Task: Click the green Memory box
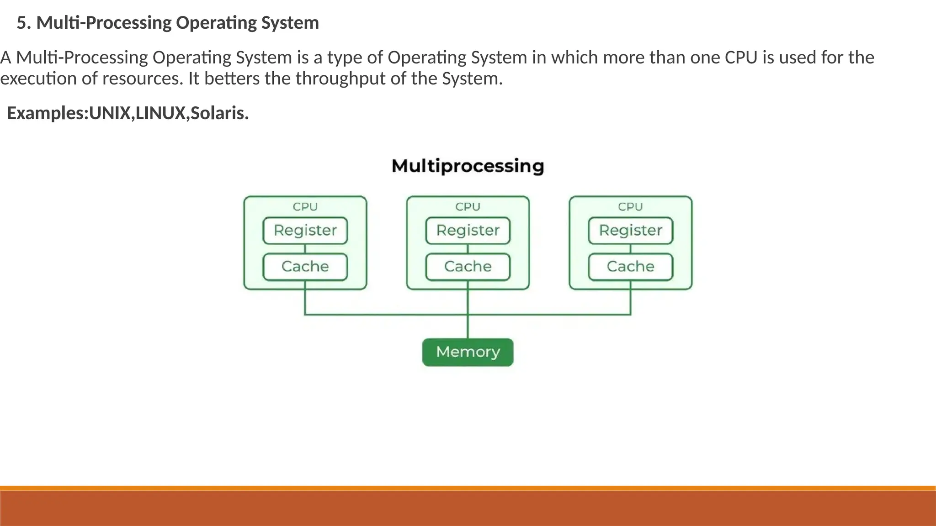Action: click(468, 352)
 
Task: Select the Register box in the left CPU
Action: click(305, 231)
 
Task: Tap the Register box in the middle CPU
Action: click(468, 231)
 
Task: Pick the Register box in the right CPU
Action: click(630, 231)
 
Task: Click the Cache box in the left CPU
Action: click(305, 267)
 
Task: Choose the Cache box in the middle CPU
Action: click(468, 267)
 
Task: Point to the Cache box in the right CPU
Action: click(630, 267)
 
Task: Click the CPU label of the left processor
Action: click(305, 207)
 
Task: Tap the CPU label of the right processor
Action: click(630, 207)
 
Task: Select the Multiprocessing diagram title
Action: click(468, 166)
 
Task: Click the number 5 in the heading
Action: click(22, 23)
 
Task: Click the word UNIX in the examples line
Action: click(110, 113)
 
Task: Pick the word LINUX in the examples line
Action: click(160, 113)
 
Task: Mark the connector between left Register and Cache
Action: click(305, 249)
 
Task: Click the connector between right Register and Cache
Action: click(630, 249)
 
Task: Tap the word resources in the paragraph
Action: click(143, 79)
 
